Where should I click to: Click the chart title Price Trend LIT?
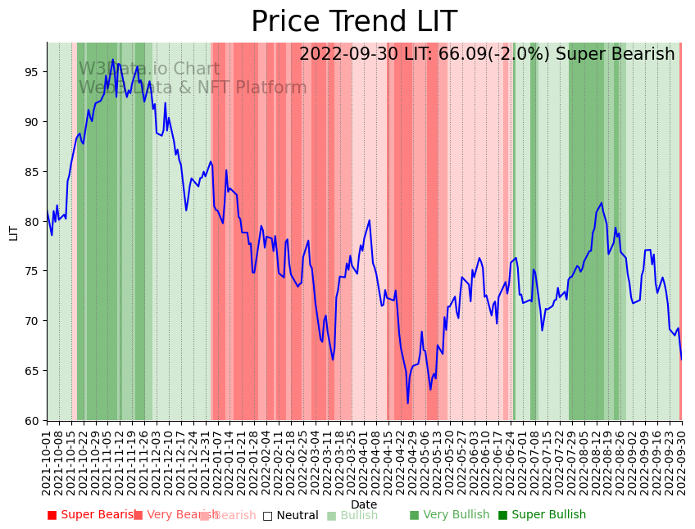tap(353, 22)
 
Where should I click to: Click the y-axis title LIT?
tap(14, 232)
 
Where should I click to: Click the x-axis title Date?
tap(364, 504)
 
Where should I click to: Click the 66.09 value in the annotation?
tap(466, 55)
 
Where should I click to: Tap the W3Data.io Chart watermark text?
tap(149, 70)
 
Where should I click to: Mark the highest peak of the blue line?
tap(113, 60)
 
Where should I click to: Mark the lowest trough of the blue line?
tap(407, 403)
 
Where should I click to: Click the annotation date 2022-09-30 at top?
tap(349, 55)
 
